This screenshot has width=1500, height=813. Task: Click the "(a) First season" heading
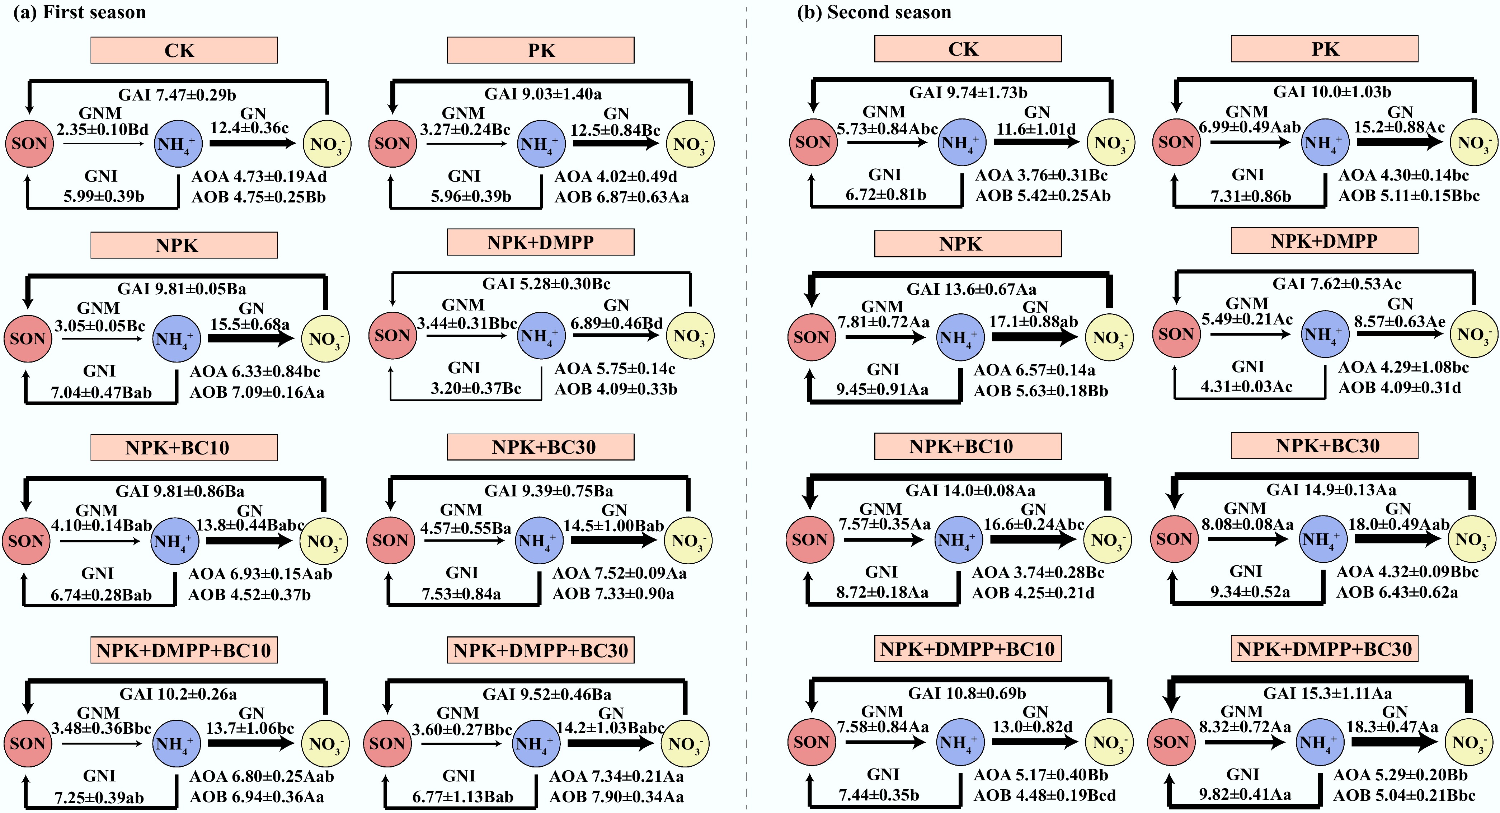(x=80, y=12)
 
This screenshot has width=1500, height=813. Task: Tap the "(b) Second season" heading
(x=874, y=12)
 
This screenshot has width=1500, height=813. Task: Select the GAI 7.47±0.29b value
(x=177, y=94)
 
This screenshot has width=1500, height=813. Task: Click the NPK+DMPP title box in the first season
(x=540, y=242)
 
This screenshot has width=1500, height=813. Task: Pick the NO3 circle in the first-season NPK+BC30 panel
(x=688, y=541)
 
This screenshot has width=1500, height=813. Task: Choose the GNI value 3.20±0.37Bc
(x=476, y=388)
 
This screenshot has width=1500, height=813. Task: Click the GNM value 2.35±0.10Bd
(x=103, y=129)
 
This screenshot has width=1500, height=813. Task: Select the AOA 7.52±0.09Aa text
(x=620, y=574)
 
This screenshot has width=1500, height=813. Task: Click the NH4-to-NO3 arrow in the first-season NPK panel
(x=251, y=338)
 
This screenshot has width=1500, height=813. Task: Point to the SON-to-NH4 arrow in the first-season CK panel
(x=104, y=144)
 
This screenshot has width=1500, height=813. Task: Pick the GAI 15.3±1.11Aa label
(x=1328, y=693)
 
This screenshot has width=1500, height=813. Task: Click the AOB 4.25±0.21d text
(x=1033, y=593)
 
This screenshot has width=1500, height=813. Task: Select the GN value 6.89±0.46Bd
(x=616, y=323)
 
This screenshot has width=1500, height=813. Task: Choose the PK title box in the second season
(x=1324, y=49)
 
